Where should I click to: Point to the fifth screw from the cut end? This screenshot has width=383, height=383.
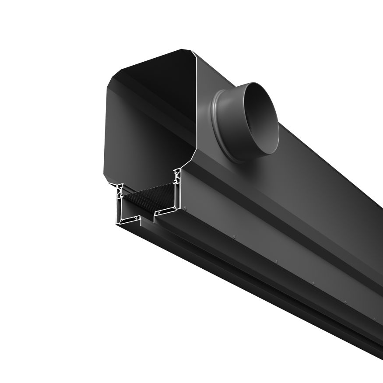pyautogui.click(x=346, y=302)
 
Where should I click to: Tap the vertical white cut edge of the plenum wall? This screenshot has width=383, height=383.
pyautogui.click(x=197, y=114)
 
